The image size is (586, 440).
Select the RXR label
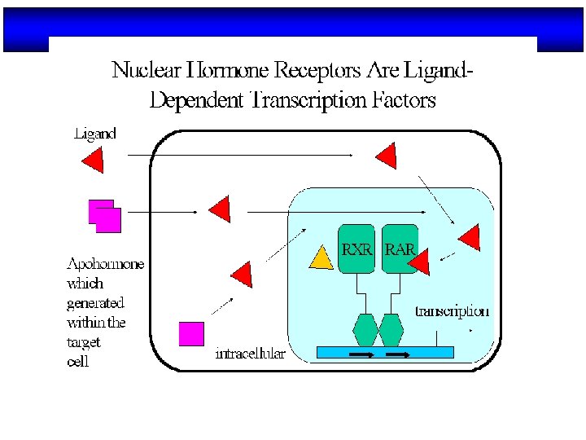[356, 249]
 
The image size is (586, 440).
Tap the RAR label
[399, 249]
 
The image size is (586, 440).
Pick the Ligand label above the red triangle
[95, 133]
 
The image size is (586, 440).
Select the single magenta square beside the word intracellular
[191, 334]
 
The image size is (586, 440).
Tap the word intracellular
[250, 354]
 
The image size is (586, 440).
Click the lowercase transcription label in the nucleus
[453, 311]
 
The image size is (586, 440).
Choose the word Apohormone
[105, 264]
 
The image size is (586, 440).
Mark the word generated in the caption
[95, 303]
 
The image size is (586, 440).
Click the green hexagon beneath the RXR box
[365, 330]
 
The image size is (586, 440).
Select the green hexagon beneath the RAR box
[391, 330]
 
